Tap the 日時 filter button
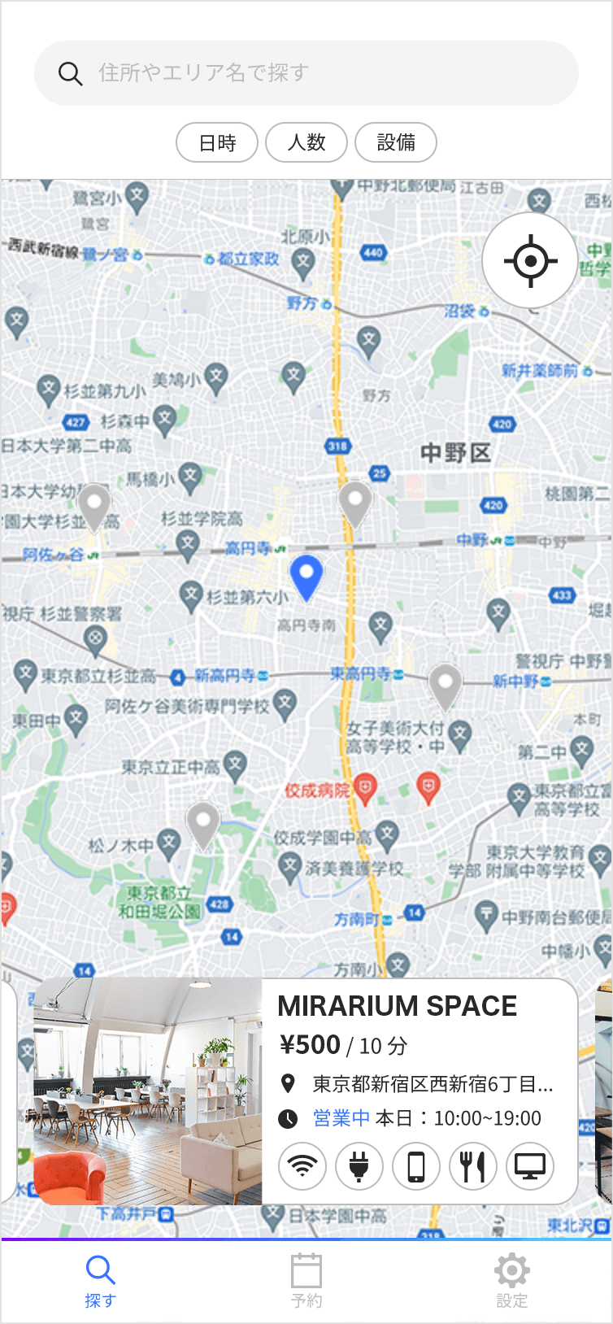[217, 143]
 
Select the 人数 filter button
[306, 143]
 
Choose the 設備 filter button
[396, 143]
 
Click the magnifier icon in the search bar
[71, 74]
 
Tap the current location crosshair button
[530, 261]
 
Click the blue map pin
[306, 575]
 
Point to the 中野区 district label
[455, 453]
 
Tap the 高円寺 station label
[249, 548]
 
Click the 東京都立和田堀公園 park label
[159, 902]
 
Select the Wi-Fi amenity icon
[302, 1166]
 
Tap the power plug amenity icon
[359, 1166]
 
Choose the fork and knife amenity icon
[473, 1166]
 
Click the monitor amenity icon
[530, 1166]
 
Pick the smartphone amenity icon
[416, 1166]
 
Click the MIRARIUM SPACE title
[397, 1007]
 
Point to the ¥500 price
[310, 1045]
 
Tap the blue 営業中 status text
[341, 1118]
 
